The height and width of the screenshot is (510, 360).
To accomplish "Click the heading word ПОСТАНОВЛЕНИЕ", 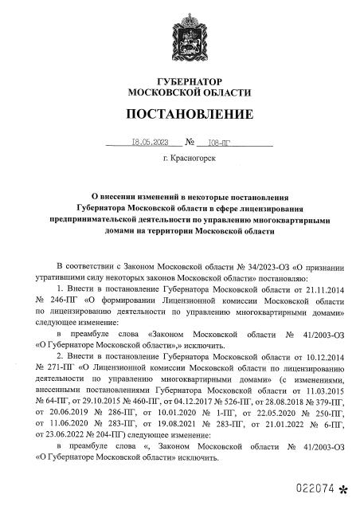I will (179, 113).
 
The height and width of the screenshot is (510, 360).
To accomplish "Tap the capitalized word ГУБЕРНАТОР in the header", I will (180, 82).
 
